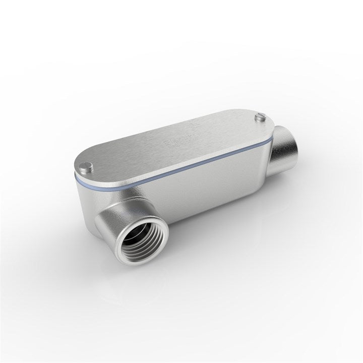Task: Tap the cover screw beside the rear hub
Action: point(261,117)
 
